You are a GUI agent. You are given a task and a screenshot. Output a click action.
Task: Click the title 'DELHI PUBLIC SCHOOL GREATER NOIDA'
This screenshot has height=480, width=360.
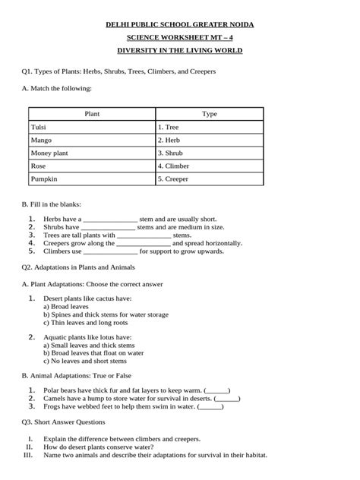click(179, 24)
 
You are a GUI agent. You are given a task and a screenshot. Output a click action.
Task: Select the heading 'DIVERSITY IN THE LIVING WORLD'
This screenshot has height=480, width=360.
click(179, 50)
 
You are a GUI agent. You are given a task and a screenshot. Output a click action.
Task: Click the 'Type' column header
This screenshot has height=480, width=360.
click(209, 114)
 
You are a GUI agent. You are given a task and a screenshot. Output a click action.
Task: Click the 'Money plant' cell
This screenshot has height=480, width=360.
click(49, 153)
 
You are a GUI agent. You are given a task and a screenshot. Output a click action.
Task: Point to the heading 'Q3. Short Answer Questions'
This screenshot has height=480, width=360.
click(63, 422)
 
